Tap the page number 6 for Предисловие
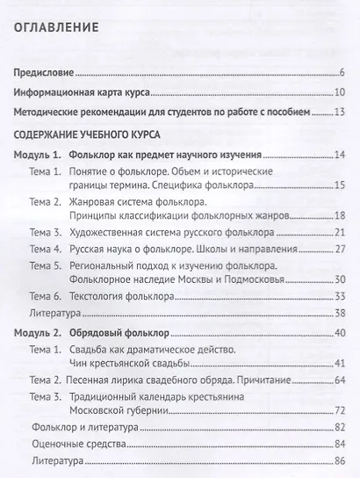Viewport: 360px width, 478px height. pos(341,72)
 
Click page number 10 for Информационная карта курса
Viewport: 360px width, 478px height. pos(338,92)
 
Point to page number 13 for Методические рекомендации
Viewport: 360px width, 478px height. pos(338,112)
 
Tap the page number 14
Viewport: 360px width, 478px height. pos(338,155)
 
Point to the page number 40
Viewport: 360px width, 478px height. pos(338,335)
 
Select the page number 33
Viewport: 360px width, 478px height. pos(338,297)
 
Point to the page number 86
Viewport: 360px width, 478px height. pos(338,461)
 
